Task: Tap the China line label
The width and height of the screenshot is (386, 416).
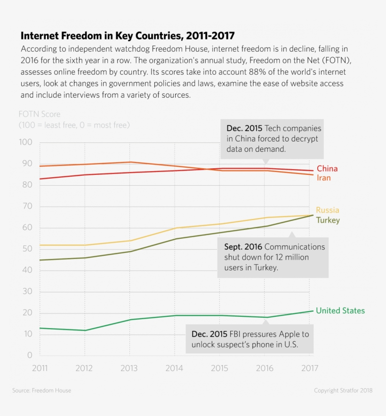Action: (x=327, y=169)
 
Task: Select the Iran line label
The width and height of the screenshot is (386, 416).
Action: (x=323, y=178)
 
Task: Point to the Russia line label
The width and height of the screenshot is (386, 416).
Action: (x=327, y=210)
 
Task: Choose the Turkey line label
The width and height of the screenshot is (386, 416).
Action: (x=328, y=220)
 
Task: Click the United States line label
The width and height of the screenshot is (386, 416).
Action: (x=340, y=311)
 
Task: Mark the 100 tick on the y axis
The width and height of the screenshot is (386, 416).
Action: (x=26, y=142)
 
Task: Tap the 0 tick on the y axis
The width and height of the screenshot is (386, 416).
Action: (x=30, y=355)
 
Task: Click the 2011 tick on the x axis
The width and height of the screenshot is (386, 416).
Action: (x=40, y=368)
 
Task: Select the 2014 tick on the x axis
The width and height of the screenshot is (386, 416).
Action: (x=175, y=368)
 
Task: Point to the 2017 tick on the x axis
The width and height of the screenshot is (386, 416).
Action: (x=309, y=368)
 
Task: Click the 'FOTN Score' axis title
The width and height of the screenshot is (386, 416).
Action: (x=40, y=114)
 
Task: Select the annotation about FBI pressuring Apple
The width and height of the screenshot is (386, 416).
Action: (x=250, y=339)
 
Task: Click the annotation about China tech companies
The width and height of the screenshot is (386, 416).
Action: (x=273, y=139)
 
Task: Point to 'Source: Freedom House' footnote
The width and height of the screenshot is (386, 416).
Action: (x=42, y=391)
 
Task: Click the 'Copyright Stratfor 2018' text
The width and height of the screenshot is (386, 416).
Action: (x=343, y=391)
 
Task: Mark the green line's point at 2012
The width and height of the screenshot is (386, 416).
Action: (x=85, y=330)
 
